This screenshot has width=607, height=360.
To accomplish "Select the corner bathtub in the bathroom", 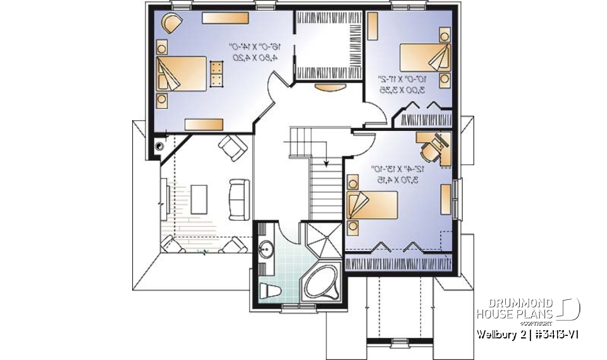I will (321, 283).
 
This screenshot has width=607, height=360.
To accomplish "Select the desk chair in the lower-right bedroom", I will (430, 148).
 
